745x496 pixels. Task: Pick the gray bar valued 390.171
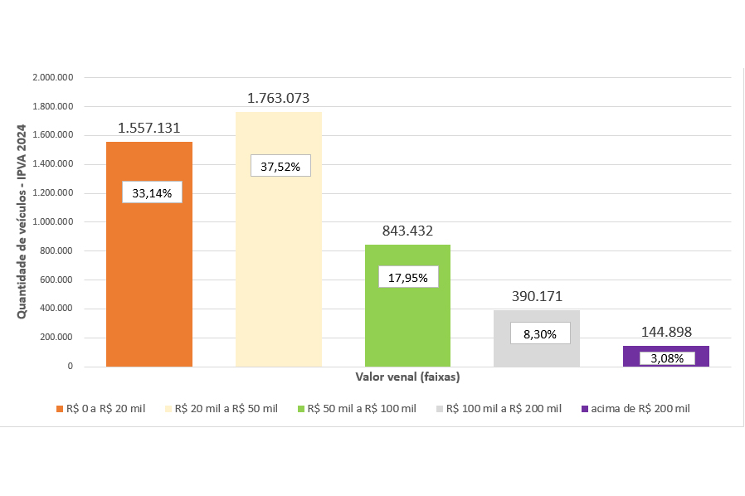(537, 353)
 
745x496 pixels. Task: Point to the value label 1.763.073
(278, 99)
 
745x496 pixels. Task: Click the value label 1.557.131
(149, 128)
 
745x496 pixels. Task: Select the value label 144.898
(666, 332)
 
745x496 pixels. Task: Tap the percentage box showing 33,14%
(152, 193)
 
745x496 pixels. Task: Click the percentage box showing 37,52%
(280, 166)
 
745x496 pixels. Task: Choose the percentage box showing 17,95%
(407, 278)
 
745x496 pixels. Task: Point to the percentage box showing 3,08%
(666, 357)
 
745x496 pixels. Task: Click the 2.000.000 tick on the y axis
(53, 78)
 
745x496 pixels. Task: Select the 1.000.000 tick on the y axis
(53, 222)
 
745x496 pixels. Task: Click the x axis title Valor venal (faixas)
(407, 377)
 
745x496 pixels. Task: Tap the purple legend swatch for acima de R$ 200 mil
(585, 409)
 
